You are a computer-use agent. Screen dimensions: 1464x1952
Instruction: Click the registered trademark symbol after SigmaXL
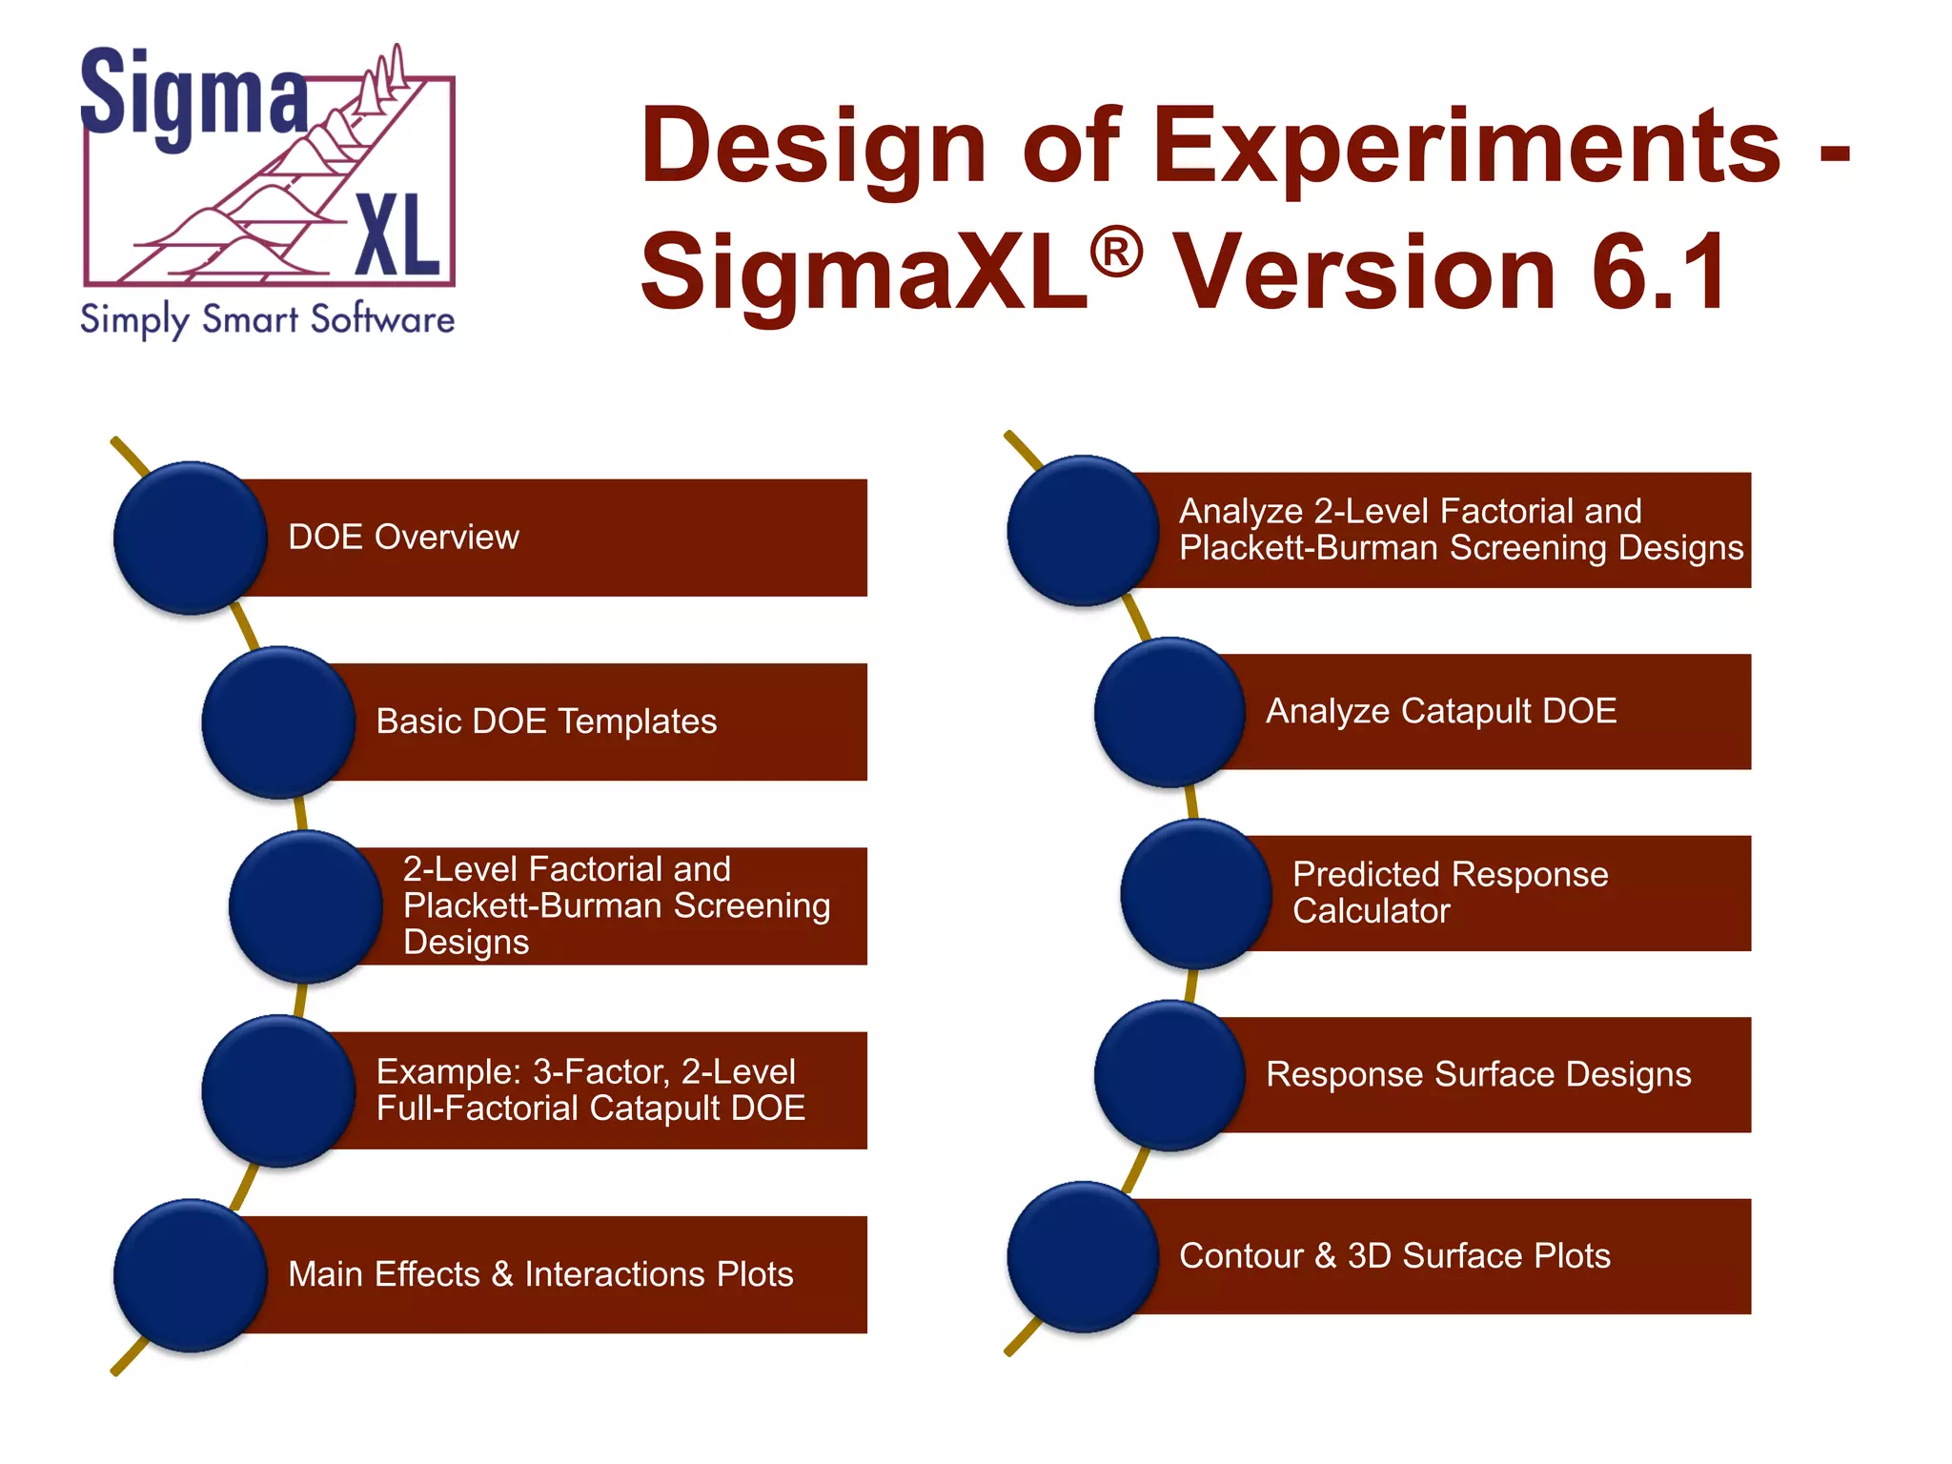point(1115,254)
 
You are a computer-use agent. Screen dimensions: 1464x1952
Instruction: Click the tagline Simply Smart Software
point(267,319)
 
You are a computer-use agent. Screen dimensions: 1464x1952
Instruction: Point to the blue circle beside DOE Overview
point(190,539)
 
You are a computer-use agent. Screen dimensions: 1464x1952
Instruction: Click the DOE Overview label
point(403,538)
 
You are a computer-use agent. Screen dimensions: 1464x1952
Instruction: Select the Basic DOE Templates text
point(546,722)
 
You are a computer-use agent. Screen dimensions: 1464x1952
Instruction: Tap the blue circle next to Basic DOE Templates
point(278,722)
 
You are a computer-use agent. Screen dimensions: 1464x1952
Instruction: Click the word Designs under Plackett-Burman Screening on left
point(466,942)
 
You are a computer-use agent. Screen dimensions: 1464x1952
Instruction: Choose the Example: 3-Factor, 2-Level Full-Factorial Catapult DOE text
point(590,1090)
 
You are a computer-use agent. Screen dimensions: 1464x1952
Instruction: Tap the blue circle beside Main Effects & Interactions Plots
point(190,1275)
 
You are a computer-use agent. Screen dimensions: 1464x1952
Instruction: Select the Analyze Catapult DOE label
point(1441,711)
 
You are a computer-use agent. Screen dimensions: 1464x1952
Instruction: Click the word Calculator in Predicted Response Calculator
point(1371,911)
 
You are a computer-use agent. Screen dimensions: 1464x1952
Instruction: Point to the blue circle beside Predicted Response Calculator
point(1196,894)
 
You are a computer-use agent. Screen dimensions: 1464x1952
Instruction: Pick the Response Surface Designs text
point(1478,1074)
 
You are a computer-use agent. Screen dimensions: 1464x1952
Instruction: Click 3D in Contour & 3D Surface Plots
point(1369,1256)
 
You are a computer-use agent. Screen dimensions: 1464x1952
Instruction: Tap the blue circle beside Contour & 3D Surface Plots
point(1083,1257)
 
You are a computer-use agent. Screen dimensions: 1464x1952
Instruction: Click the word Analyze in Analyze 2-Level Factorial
point(1241,512)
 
